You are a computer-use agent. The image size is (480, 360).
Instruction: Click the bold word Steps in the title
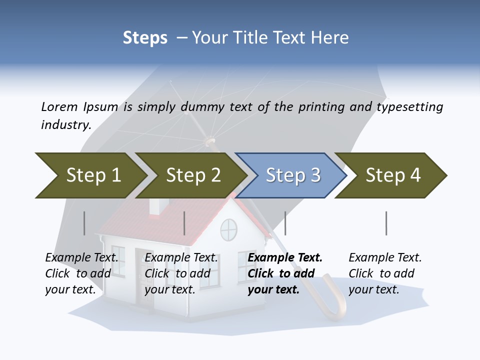coord(145,37)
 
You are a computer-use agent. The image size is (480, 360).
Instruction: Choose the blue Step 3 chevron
coord(292,175)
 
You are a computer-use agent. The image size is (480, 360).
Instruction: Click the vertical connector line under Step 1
coord(84,223)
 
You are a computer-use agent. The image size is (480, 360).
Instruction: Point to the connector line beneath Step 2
coord(184,223)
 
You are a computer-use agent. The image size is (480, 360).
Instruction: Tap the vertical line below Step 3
coord(285,223)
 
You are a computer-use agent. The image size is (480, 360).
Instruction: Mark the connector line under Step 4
coord(386,223)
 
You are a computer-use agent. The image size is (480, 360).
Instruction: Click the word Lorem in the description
coord(59,106)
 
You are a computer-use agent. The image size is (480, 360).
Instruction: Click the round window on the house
coord(228,229)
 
